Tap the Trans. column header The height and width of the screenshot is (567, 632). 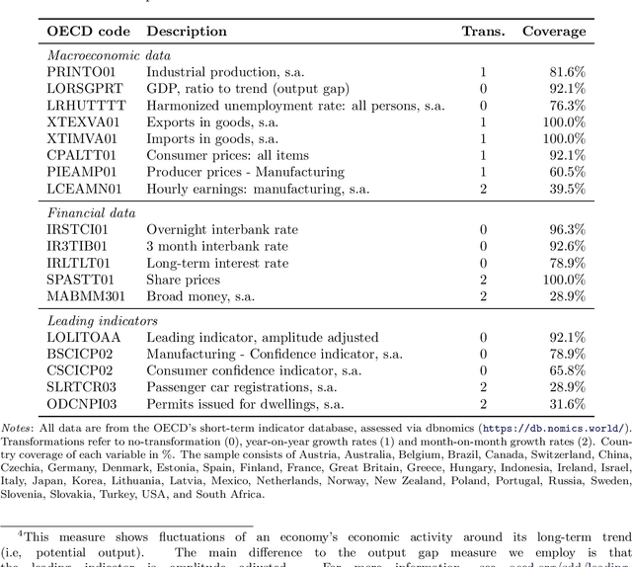point(483,31)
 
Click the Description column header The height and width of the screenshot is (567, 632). point(187,31)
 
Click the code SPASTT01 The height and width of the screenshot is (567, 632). point(80,280)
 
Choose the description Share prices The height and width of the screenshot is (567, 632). point(183,280)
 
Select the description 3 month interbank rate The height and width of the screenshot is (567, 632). point(217,246)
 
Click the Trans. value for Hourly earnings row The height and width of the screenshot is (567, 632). point(483,189)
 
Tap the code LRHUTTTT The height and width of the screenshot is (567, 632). point(86,106)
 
